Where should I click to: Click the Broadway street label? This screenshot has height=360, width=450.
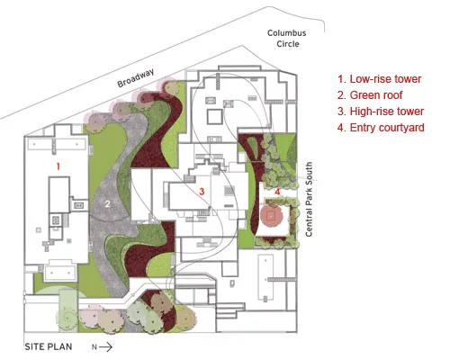pos(136,77)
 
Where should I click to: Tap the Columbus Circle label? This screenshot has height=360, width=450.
pos(287,39)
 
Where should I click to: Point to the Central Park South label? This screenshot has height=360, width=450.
pos(309,199)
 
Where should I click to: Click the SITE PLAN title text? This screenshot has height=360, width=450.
pos(49,346)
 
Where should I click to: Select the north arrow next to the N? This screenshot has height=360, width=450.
pos(105,347)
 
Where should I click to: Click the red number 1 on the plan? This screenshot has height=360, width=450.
pos(58,166)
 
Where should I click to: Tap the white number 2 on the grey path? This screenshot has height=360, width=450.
pos(107,204)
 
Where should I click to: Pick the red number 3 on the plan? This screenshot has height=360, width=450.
pos(202,191)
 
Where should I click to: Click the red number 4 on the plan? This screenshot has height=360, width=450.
pos(277,192)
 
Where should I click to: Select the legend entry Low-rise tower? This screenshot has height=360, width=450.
pos(380,79)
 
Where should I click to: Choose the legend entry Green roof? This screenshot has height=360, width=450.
pos(370,95)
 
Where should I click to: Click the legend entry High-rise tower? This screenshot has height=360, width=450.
pos(381,112)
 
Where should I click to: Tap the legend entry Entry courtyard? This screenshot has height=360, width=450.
pos(381,128)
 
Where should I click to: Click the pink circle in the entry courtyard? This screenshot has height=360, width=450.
pos(272,215)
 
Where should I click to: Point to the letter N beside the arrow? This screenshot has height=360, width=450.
pos(94,347)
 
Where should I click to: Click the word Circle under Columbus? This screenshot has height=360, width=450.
pos(288,44)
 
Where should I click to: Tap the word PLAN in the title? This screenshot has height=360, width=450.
pos(60,346)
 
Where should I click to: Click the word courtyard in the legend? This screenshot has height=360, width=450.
pos(401,128)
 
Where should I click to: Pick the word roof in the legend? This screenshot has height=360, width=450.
pos(391,95)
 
